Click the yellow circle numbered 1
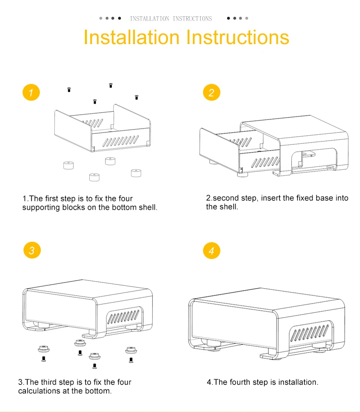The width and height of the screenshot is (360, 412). (31, 93)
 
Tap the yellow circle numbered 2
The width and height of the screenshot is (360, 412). (211, 93)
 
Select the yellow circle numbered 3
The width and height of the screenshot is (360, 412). (31, 250)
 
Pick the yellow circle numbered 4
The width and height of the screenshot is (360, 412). (211, 250)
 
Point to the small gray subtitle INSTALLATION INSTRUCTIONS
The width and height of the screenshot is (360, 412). (170, 19)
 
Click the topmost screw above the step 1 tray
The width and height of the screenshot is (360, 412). (111, 85)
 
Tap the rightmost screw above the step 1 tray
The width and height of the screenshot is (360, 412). (136, 97)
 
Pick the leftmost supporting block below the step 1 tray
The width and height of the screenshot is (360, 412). (68, 166)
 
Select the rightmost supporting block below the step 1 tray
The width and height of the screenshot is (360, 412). (136, 173)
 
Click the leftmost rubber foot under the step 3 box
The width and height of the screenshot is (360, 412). (42, 348)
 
